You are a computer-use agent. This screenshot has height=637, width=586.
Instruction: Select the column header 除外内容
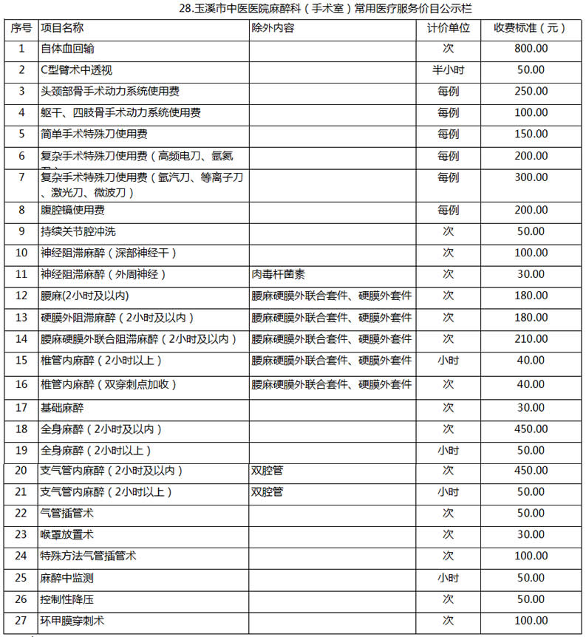click(x=273, y=28)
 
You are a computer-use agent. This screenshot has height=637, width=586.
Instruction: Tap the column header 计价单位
click(x=449, y=28)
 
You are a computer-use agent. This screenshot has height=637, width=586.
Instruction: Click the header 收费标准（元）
click(x=531, y=28)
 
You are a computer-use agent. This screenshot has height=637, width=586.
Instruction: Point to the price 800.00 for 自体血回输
click(x=531, y=49)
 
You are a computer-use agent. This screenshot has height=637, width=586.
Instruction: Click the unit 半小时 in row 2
click(x=448, y=70)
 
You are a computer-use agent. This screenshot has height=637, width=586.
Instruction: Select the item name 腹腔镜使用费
click(x=72, y=211)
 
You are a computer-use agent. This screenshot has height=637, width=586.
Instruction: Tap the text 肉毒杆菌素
click(x=278, y=274)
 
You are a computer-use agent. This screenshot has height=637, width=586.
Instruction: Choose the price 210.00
click(x=531, y=339)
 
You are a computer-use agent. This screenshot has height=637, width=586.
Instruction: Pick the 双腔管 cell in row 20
click(x=267, y=471)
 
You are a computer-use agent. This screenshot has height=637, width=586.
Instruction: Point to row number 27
click(x=21, y=621)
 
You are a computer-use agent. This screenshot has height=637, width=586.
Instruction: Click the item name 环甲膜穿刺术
click(x=72, y=621)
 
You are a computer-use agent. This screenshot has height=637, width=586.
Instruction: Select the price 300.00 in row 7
click(x=531, y=178)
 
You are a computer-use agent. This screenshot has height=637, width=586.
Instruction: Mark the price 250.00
click(x=531, y=92)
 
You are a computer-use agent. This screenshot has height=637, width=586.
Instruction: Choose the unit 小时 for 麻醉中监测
click(x=448, y=577)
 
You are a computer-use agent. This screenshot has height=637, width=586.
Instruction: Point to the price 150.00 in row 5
click(x=531, y=134)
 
